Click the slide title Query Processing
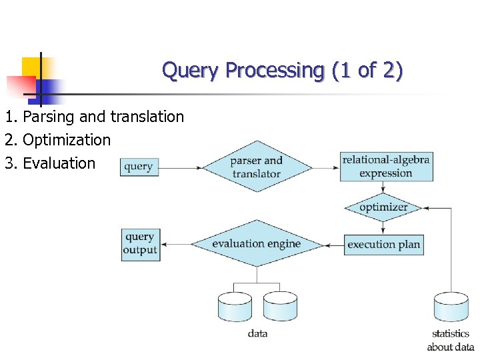point(282,70)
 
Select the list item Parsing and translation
point(94,117)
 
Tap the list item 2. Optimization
point(57,140)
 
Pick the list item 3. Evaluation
point(50,163)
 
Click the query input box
point(139,167)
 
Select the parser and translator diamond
point(257,167)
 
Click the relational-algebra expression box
point(386,167)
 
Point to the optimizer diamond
point(384,207)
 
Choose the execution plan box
point(384,244)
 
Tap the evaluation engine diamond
point(257,244)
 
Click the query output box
point(141,244)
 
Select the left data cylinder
point(235,307)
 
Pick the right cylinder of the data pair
point(280,307)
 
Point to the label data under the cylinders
point(257,333)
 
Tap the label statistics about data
point(451,340)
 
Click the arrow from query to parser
point(181,167)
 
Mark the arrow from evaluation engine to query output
point(176,244)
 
